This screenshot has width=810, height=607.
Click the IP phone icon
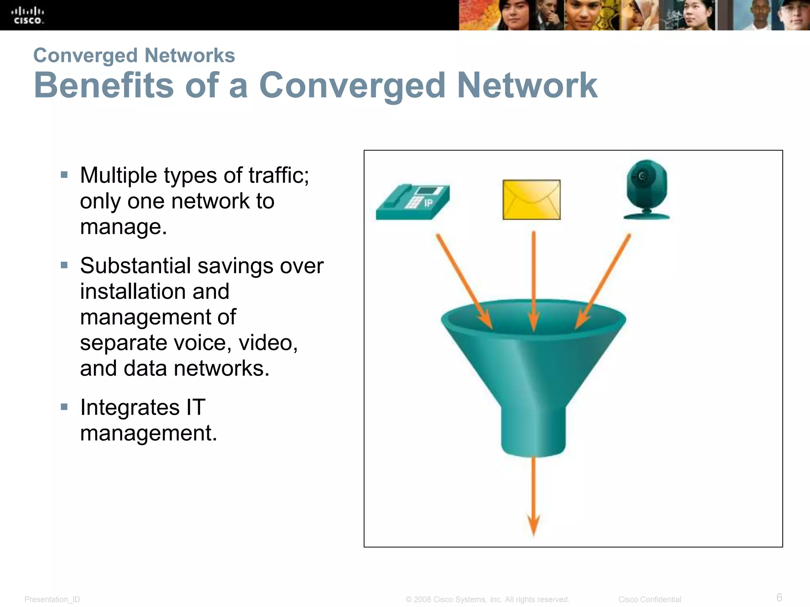pyautogui.click(x=413, y=202)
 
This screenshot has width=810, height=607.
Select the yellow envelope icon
pyautogui.click(x=532, y=200)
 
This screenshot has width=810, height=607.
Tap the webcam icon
pyautogui.click(x=647, y=189)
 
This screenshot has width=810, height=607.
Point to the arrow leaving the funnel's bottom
pyautogui.click(x=534, y=494)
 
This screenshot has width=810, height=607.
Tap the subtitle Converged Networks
pyautogui.click(x=134, y=55)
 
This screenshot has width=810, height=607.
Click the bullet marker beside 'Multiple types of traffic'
pyautogui.click(x=64, y=175)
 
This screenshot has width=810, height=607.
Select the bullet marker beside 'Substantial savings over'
pyautogui.click(x=64, y=265)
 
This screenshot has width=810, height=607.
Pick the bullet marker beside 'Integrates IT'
pyautogui.click(x=64, y=407)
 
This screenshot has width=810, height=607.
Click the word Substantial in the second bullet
pyautogui.click(x=136, y=266)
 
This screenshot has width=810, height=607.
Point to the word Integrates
pyautogui.click(x=130, y=407)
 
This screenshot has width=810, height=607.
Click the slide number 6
pyautogui.click(x=779, y=597)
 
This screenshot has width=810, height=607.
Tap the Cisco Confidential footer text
pyautogui.click(x=649, y=599)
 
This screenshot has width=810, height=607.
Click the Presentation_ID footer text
pyautogui.click(x=52, y=599)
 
